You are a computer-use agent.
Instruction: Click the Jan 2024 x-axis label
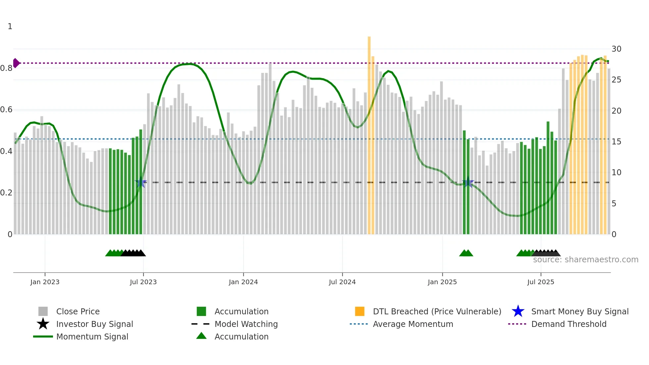coord(243,282)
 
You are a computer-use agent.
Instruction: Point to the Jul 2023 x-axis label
coord(143,282)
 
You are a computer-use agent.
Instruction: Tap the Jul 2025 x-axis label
coord(540,282)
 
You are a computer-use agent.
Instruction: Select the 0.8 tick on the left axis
coord(6,68)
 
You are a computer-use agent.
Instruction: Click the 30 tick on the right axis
coord(616,49)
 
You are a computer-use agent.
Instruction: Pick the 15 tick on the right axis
coord(616,142)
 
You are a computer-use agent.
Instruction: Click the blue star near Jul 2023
coord(141,182)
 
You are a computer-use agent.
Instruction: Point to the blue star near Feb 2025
coord(468,182)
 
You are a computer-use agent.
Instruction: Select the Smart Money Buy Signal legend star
coord(518,311)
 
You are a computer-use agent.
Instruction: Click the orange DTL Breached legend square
coord(360,311)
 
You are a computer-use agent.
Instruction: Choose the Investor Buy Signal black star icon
coord(43,324)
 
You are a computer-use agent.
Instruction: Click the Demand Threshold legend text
coord(569,324)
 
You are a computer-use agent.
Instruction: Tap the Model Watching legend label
coord(246,324)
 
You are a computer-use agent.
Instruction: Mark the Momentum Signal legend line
coord(43,337)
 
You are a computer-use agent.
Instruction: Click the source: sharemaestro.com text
coord(585,260)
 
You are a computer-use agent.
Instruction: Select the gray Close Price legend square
coord(43,311)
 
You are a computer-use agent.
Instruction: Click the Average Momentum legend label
coord(413,324)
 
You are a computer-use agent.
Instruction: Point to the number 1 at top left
coord(10,26)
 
